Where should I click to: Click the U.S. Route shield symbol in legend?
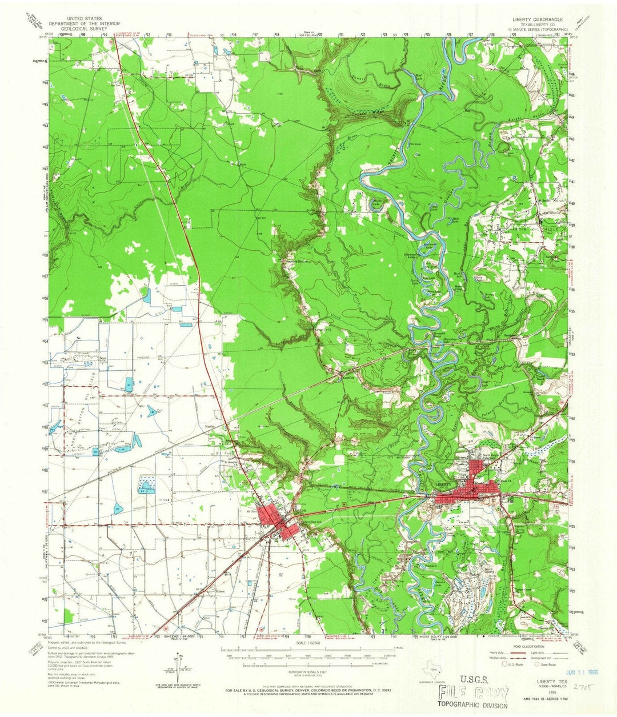coord(504,665)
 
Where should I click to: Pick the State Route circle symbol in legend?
coord(537,665)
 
